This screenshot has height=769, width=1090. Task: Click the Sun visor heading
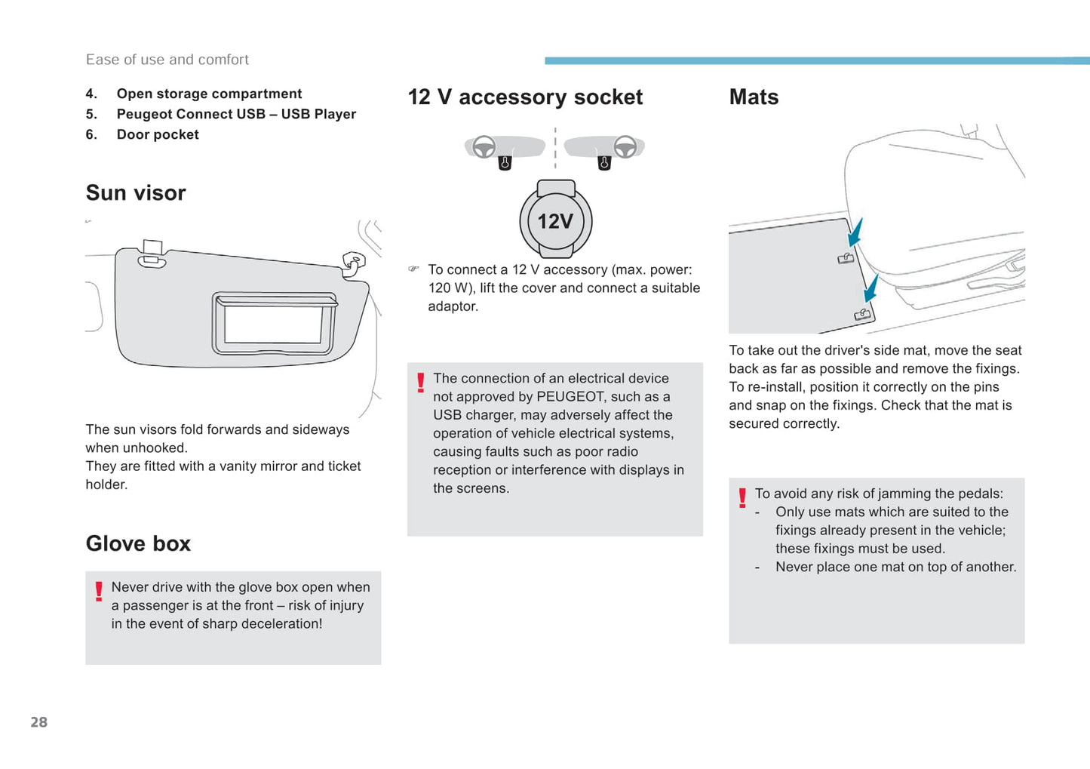tap(136, 193)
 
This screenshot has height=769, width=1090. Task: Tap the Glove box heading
tap(138, 543)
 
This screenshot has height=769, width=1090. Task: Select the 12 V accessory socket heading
tap(525, 97)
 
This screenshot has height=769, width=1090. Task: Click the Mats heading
tap(754, 97)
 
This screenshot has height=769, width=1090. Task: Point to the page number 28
tap(39, 722)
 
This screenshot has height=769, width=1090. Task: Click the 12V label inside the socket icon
tap(556, 222)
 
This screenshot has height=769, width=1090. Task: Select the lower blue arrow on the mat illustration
tap(871, 288)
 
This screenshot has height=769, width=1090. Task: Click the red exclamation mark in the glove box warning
tap(99, 591)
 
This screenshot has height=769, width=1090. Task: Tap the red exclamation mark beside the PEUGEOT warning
tap(421, 383)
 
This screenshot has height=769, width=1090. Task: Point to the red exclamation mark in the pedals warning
tap(742, 497)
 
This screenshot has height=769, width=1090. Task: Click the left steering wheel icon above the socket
tap(484, 146)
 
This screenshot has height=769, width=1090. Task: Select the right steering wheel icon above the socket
tap(625, 146)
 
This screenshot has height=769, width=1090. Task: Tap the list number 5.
tap(91, 115)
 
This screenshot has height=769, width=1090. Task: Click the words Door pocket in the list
tap(158, 135)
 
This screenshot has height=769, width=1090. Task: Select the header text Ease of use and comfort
tap(167, 60)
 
